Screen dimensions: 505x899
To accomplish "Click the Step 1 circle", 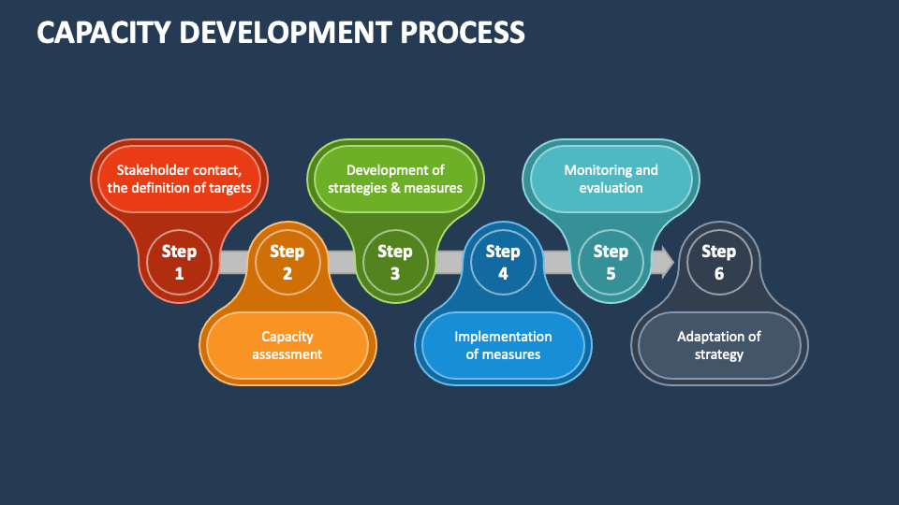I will click(179, 262).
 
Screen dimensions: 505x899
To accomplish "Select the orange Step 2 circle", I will click(287, 262).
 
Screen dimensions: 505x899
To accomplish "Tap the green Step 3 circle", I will click(394, 262).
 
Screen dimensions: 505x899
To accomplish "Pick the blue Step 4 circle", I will click(503, 262).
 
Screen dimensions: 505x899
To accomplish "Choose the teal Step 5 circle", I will click(611, 262).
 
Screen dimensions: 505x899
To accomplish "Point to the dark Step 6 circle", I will click(718, 262).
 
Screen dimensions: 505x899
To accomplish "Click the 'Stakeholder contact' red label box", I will click(179, 179).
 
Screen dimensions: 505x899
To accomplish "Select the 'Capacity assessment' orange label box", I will click(287, 345).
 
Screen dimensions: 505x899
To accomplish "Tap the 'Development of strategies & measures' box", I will click(395, 179).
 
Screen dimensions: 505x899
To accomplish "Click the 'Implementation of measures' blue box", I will click(503, 345).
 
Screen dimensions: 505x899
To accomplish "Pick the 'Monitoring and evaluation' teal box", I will click(611, 179).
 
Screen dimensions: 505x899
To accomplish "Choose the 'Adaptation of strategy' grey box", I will click(719, 345).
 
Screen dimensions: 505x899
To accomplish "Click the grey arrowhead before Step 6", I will click(667, 262).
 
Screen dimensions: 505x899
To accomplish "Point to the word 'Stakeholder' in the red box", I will click(153, 170).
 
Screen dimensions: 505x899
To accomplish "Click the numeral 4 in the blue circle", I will click(503, 274).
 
